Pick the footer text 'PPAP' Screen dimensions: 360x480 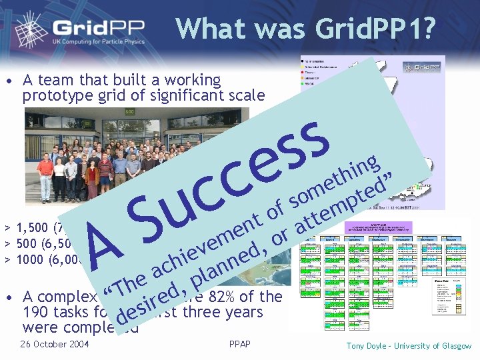tap(239, 344)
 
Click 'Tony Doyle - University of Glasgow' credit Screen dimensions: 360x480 tap(408, 345)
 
